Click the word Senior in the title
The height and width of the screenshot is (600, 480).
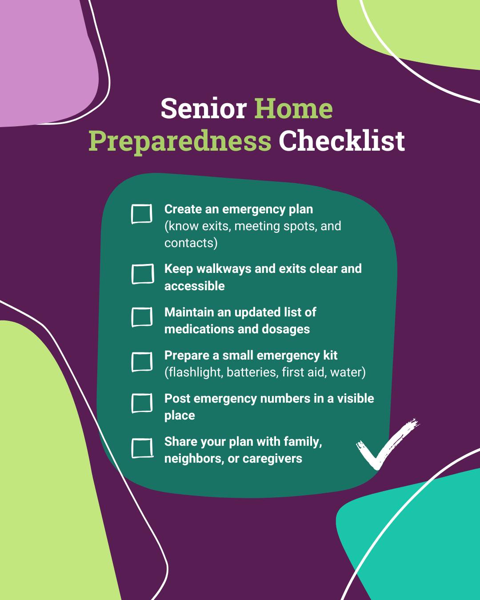(204, 108)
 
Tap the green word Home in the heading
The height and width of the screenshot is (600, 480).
(293, 108)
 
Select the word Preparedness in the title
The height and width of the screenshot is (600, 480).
(180, 141)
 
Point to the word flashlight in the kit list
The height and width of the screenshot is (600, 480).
(195, 372)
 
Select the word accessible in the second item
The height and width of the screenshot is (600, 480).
(194, 286)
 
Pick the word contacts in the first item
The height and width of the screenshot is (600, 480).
(189, 243)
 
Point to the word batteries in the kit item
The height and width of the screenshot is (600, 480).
(252, 372)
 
